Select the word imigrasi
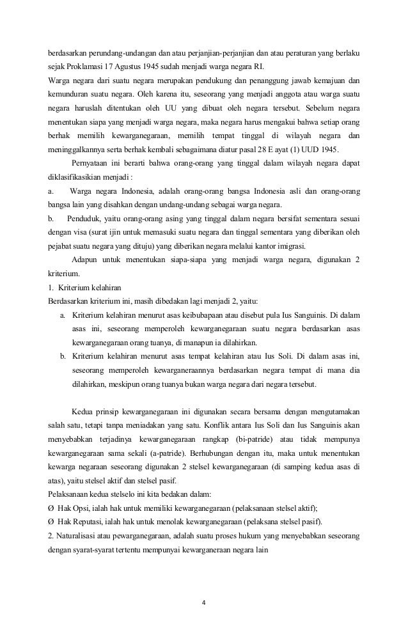point(292,247)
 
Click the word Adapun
point(86,260)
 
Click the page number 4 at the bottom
point(204,601)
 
